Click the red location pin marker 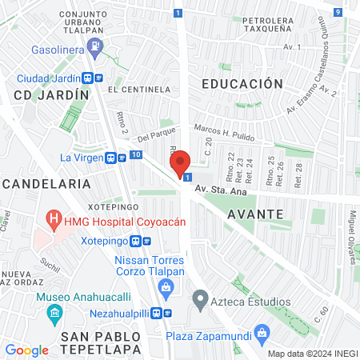[x=180, y=162]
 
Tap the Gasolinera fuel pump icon [x=96, y=46]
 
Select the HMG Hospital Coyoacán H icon [x=54, y=218]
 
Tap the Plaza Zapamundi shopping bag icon [x=259, y=332]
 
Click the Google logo [x=26, y=350]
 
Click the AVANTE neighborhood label [x=255, y=214]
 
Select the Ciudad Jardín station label [x=48, y=78]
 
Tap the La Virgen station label [x=80, y=157]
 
